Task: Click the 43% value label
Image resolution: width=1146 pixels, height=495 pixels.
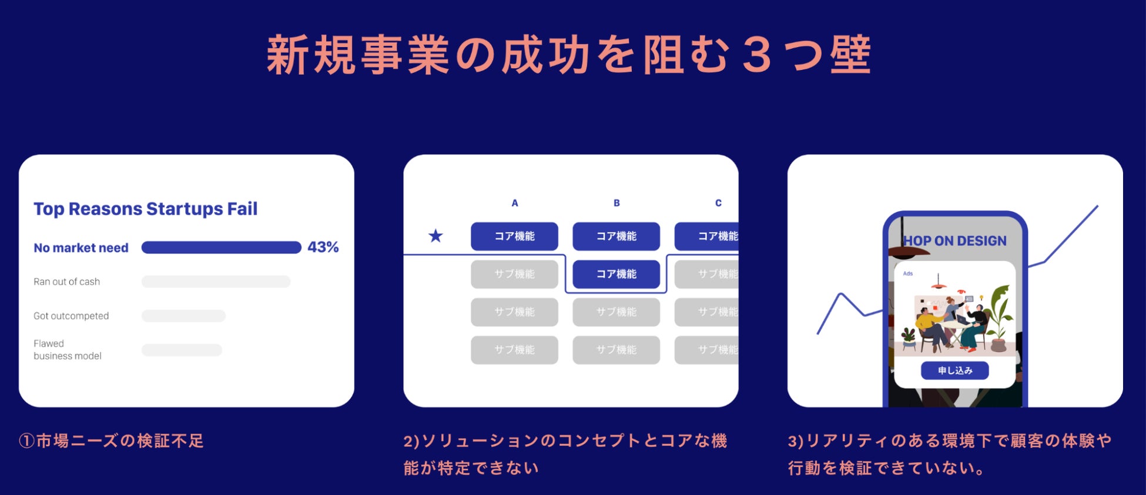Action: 323,247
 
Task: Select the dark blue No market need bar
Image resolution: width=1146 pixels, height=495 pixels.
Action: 221,247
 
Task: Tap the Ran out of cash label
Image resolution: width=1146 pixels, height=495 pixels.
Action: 66,282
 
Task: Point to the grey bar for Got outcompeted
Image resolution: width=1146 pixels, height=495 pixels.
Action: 183,316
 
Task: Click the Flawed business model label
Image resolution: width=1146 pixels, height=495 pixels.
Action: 67,350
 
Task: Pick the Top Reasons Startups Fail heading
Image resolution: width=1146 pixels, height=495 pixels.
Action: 145,209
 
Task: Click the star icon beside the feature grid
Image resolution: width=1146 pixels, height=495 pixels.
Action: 435,236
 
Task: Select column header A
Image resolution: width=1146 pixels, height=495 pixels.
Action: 515,203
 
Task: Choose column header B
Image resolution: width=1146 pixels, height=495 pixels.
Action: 616,203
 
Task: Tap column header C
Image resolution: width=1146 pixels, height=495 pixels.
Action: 718,203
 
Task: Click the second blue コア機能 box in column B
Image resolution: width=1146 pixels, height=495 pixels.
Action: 616,274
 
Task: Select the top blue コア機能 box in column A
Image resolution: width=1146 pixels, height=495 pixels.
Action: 514,236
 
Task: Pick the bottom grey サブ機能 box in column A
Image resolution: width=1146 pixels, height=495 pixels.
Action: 514,350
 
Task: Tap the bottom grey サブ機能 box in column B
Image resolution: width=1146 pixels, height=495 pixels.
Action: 616,350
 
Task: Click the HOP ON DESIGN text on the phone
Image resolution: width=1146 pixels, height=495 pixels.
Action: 955,241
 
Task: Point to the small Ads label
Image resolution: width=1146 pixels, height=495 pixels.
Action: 908,274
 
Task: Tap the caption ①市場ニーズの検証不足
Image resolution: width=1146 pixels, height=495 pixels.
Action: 111,441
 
